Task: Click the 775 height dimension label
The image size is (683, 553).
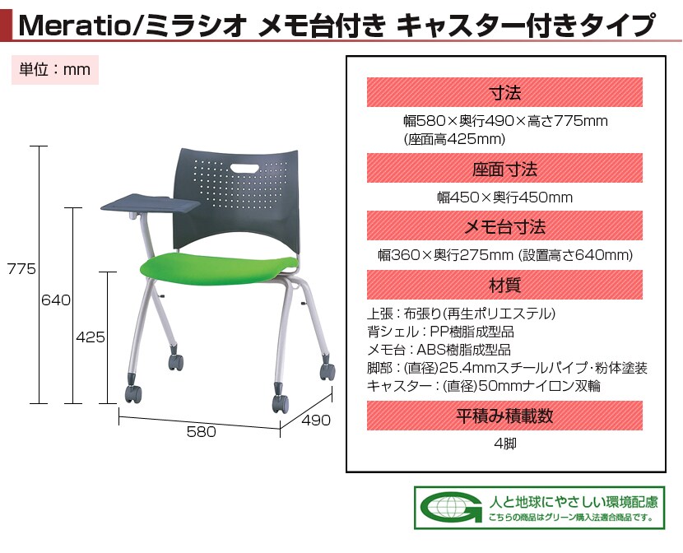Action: coord(21,268)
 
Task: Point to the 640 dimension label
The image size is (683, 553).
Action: coord(56,300)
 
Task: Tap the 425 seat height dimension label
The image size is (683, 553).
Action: coord(91,337)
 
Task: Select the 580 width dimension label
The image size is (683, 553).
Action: coord(202,431)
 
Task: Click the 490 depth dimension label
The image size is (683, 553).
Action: coord(316,420)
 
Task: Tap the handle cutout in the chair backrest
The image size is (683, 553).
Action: coord(244,168)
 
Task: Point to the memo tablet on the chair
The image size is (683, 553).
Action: coord(151,203)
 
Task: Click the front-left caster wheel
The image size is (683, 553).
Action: coord(132,393)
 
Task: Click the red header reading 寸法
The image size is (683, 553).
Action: coord(504,92)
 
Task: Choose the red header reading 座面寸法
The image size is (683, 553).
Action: coord(504,168)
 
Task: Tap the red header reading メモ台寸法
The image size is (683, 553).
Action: coord(504,226)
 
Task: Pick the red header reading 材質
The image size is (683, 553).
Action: coord(504,285)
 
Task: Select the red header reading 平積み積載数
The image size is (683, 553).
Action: coord(504,416)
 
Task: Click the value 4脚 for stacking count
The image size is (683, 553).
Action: coord(505,444)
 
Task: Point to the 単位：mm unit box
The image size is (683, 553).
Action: coord(55,70)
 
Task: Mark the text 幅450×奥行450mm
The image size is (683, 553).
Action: coord(505,197)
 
